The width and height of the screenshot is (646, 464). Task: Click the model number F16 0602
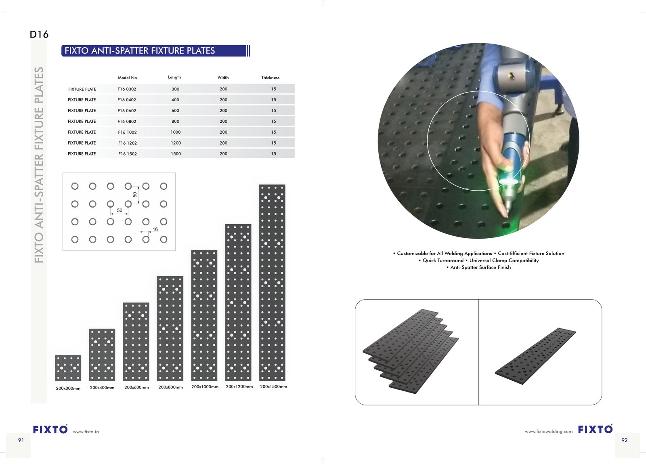[127, 111]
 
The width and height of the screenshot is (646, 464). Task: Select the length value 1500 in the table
[176, 154]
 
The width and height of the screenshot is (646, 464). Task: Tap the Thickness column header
[270, 78]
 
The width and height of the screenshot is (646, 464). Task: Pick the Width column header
[223, 78]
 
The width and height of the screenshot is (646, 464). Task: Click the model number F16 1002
[127, 132]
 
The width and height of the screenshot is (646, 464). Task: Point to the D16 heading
[39, 34]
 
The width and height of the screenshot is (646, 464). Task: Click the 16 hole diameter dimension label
[155, 229]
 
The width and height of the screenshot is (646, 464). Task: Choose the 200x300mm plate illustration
[68, 368]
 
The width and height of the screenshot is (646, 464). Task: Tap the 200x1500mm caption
[273, 386]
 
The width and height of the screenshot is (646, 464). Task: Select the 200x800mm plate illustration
[170, 328]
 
